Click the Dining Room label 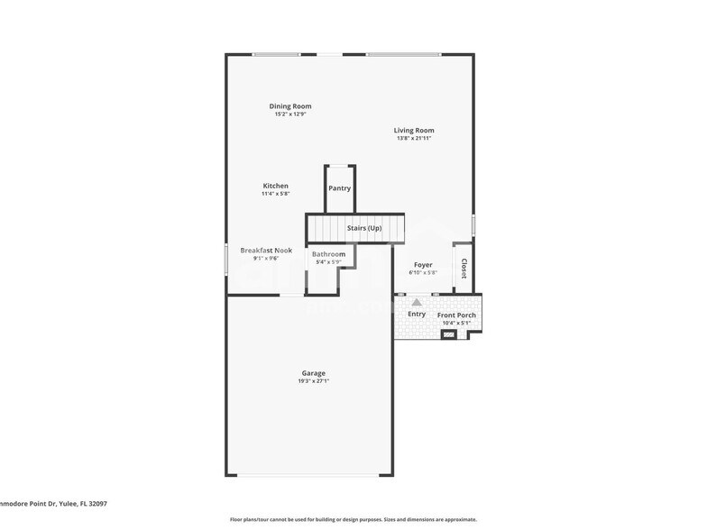(289, 106)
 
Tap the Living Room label (414, 131)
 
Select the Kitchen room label (275, 186)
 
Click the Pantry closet (339, 188)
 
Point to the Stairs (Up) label (364, 228)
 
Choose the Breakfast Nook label (266, 251)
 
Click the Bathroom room (328, 254)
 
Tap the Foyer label (422, 265)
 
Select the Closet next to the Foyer (464, 269)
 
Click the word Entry (416, 314)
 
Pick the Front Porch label (456, 315)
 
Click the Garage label (313, 373)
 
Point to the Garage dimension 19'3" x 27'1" (313, 381)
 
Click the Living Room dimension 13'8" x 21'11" (414, 139)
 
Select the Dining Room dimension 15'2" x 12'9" (289, 114)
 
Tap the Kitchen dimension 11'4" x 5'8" (275, 194)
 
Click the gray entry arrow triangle (417, 303)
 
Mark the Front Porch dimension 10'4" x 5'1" (456, 323)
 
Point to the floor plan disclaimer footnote (353, 520)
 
